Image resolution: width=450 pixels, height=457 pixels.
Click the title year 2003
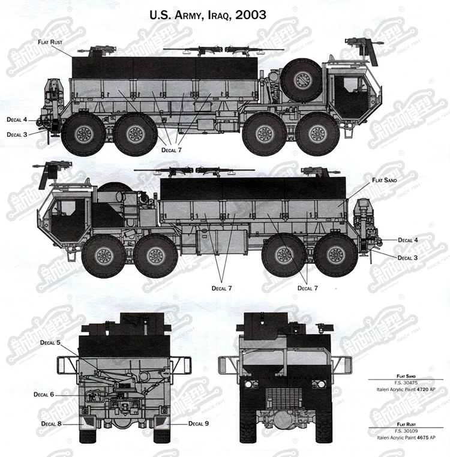pos(251,14)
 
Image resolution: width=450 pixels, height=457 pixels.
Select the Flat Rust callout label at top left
pos(50,42)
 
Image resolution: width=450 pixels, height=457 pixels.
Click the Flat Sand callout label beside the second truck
pos(385,180)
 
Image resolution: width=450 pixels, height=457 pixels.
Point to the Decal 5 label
pos(50,342)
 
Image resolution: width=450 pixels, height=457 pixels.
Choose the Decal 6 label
pos(44,395)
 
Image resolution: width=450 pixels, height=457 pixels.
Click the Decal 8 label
pos(52,423)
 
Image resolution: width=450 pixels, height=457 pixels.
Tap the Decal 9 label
pos(199,423)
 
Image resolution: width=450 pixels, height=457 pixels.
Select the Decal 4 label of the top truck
pos(17,119)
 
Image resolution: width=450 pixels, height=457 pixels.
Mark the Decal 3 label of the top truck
pos(17,135)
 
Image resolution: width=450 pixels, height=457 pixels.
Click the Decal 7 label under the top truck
pos(172,150)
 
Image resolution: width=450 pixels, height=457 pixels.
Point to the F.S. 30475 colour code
pos(406,383)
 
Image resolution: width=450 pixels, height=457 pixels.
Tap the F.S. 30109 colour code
pos(406,431)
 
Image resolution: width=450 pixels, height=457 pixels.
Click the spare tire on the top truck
pos(302,80)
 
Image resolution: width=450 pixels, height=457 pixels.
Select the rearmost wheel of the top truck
pos(84,134)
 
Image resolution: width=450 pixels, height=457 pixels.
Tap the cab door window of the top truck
pos(352,85)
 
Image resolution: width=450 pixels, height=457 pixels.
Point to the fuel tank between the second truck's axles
pos(222,242)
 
